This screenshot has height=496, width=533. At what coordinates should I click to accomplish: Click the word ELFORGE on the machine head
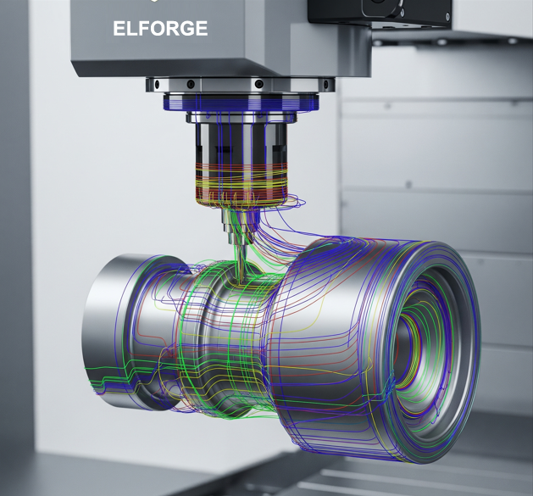coord(160,28)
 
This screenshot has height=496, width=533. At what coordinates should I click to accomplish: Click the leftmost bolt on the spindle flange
coord(157,84)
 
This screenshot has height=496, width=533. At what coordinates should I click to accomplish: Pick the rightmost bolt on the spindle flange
coord(326,84)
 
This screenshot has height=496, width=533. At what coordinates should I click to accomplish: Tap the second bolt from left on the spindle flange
coord(191,83)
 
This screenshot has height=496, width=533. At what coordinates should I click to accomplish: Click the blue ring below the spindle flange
coord(241,102)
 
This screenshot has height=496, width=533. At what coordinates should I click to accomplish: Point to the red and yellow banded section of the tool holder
coord(242,184)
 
